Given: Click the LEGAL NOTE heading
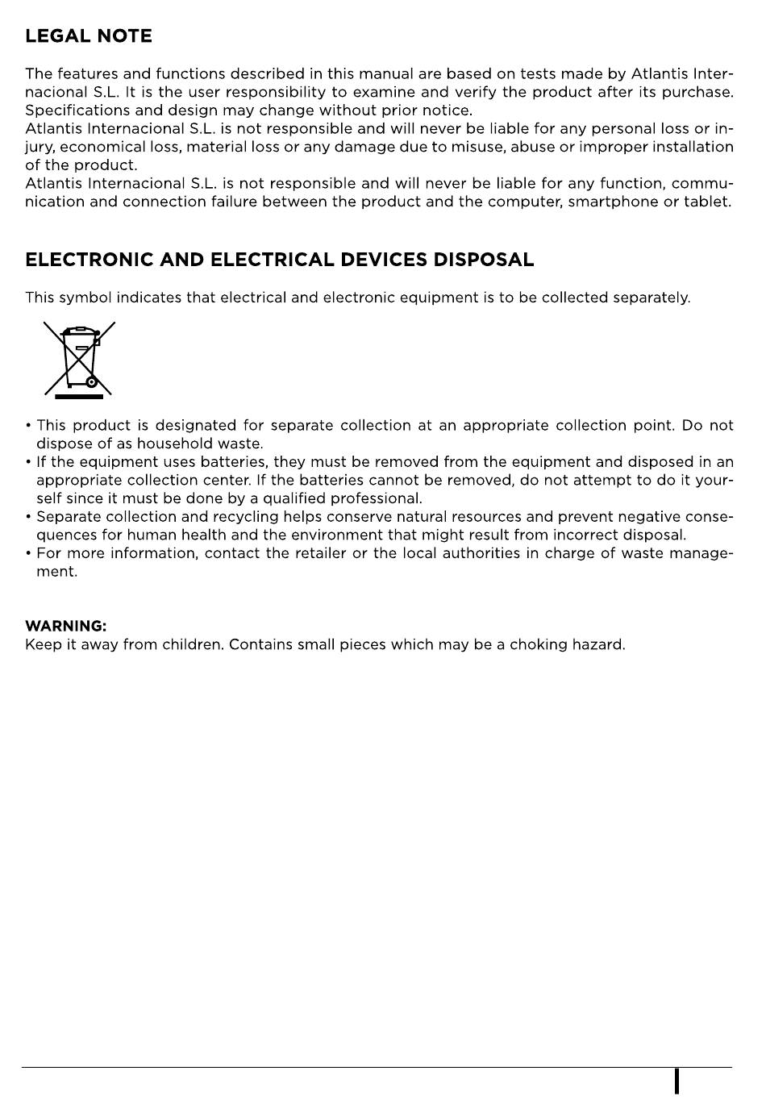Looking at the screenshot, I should point(88,36).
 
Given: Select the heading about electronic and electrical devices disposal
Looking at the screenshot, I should point(279,260).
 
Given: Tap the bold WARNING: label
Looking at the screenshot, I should point(65,626).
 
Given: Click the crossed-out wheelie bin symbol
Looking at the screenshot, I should point(79,359).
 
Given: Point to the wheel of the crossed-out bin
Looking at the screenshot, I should point(92,382).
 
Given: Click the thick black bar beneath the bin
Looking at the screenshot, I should point(79,396).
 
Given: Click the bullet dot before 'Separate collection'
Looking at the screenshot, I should point(28,517).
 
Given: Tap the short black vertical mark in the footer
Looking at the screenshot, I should point(677,1081).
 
